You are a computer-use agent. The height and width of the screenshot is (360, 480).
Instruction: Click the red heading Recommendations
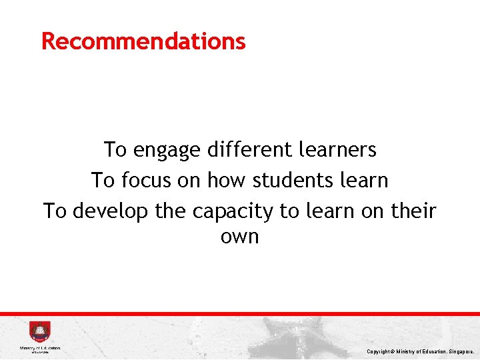pyautogui.click(x=143, y=41)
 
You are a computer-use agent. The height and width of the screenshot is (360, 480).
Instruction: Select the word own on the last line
pyautogui.click(x=239, y=237)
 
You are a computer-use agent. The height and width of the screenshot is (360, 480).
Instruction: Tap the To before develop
pyautogui.click(x=55, y=211)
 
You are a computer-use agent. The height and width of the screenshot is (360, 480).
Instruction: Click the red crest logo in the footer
pyautogui.click(x=39, y=332)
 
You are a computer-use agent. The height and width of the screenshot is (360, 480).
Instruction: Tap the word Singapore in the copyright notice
pyautogui.click(x=461, y=351)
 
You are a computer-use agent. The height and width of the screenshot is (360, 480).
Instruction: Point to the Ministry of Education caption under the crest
pyautogui.click(x=40, y=348)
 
